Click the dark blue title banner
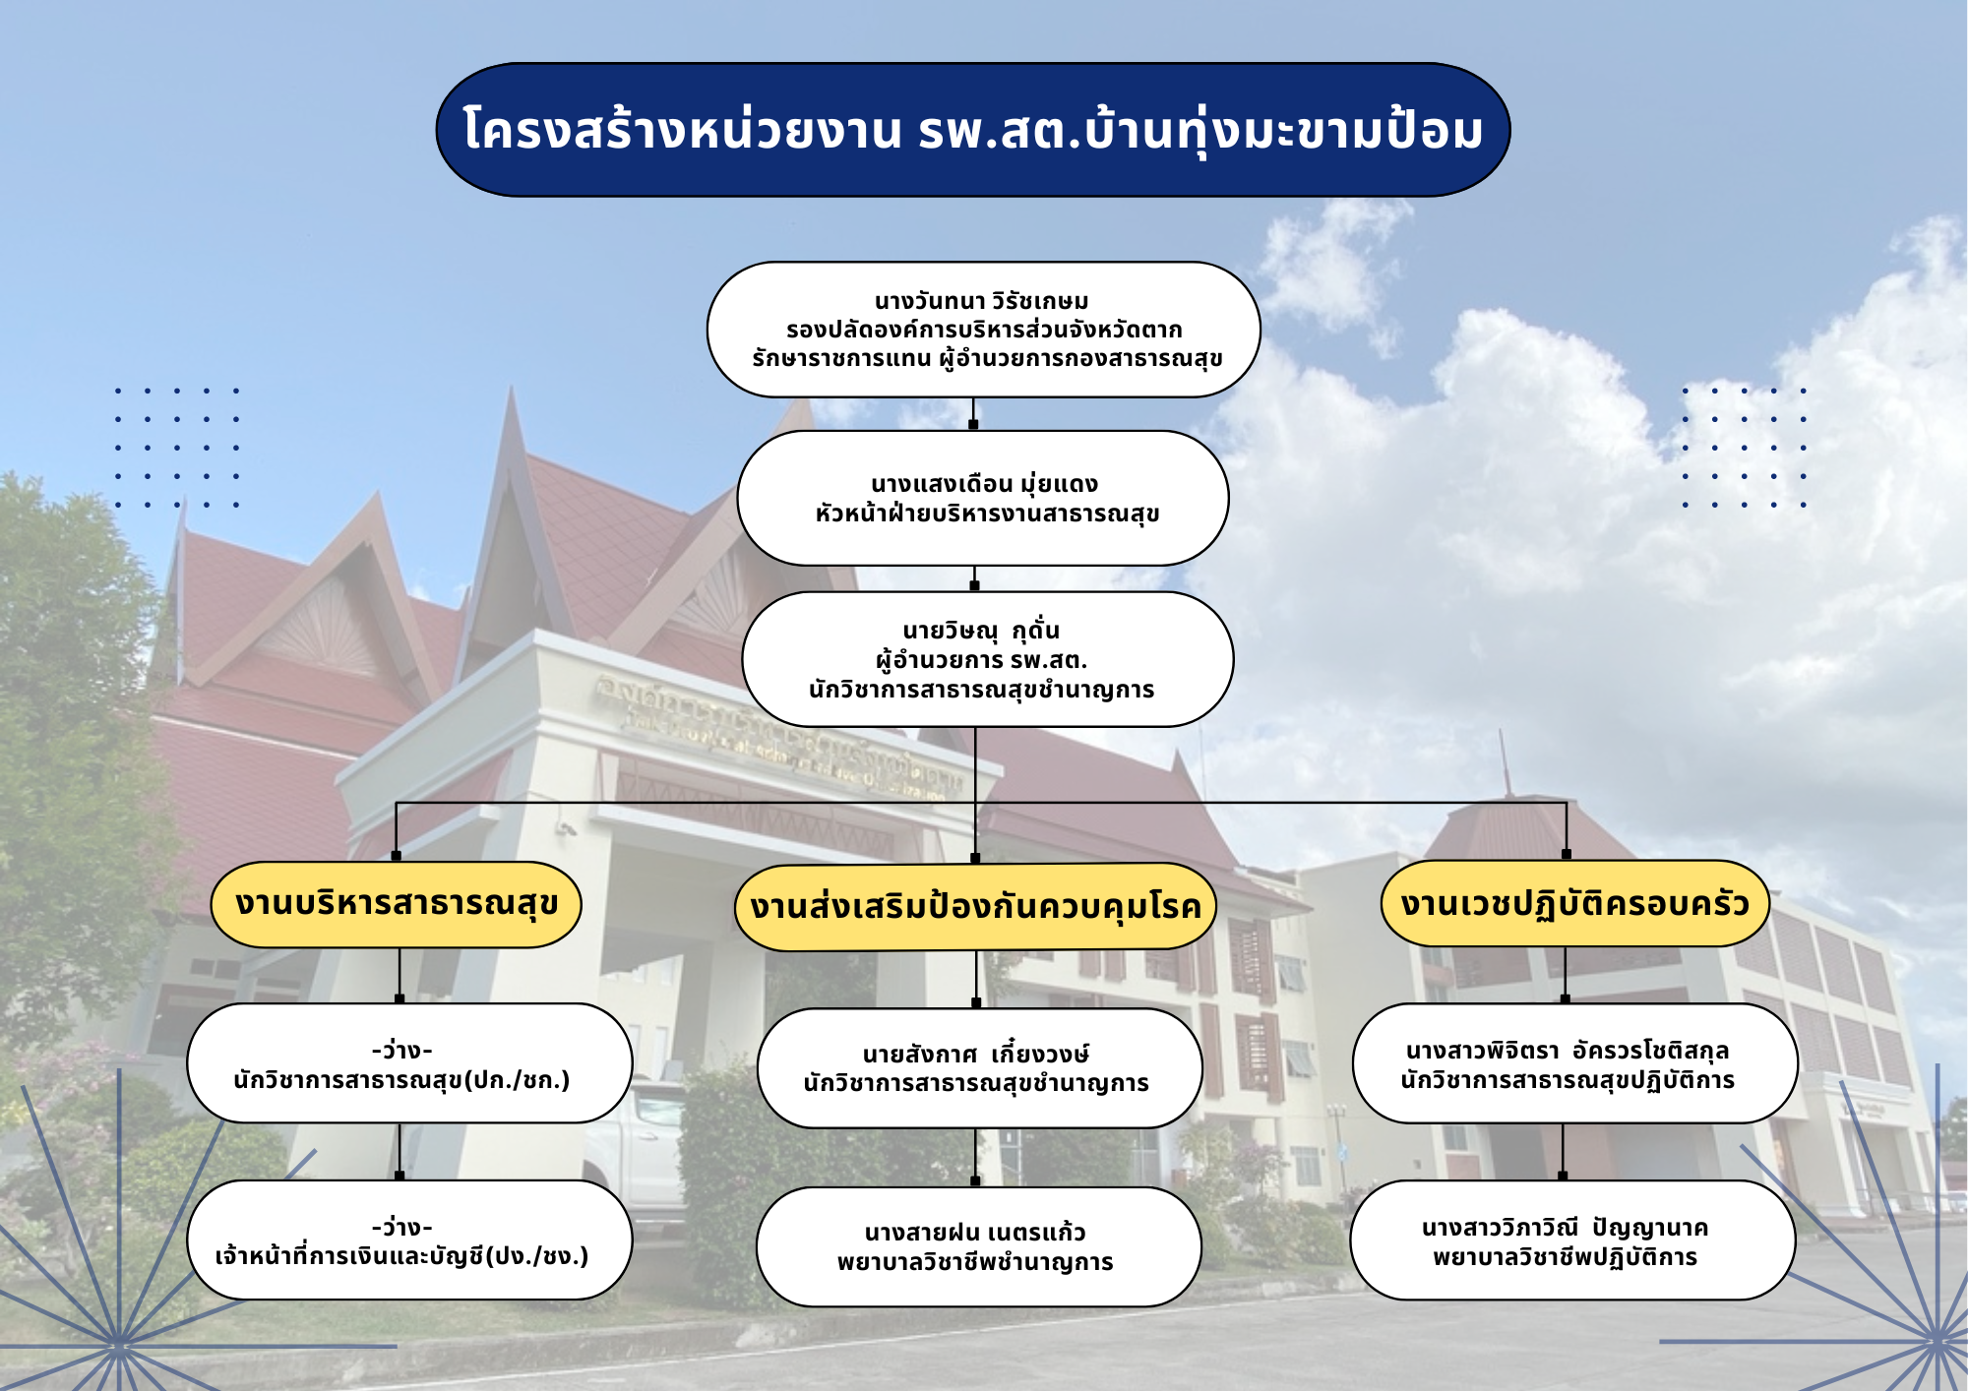click(973, 130)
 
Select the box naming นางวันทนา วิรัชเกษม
click(983, 330)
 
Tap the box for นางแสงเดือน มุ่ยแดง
click(983, 498)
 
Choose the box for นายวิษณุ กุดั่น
click(987, 659)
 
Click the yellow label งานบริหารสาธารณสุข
click(397, 904)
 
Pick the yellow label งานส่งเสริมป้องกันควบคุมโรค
click(975, 907)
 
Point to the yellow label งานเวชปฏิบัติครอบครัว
click(1574, 903)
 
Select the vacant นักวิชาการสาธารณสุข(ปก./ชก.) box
click(409, 1063)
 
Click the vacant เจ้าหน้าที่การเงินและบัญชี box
click(409, 1240)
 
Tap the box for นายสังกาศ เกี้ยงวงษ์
click(979, 1068)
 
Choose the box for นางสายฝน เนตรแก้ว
click(978, 1246)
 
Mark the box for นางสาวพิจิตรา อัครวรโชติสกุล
click(1574, 1063)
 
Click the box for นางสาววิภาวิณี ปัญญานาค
click(1572, 1240)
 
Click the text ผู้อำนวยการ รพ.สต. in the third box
click(981, 660)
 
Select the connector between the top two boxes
click(973, 413)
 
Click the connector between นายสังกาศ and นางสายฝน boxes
click(975, 1157)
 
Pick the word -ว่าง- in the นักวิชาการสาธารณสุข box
click(402, 1050)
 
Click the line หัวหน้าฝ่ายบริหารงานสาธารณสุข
click(987, 514)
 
